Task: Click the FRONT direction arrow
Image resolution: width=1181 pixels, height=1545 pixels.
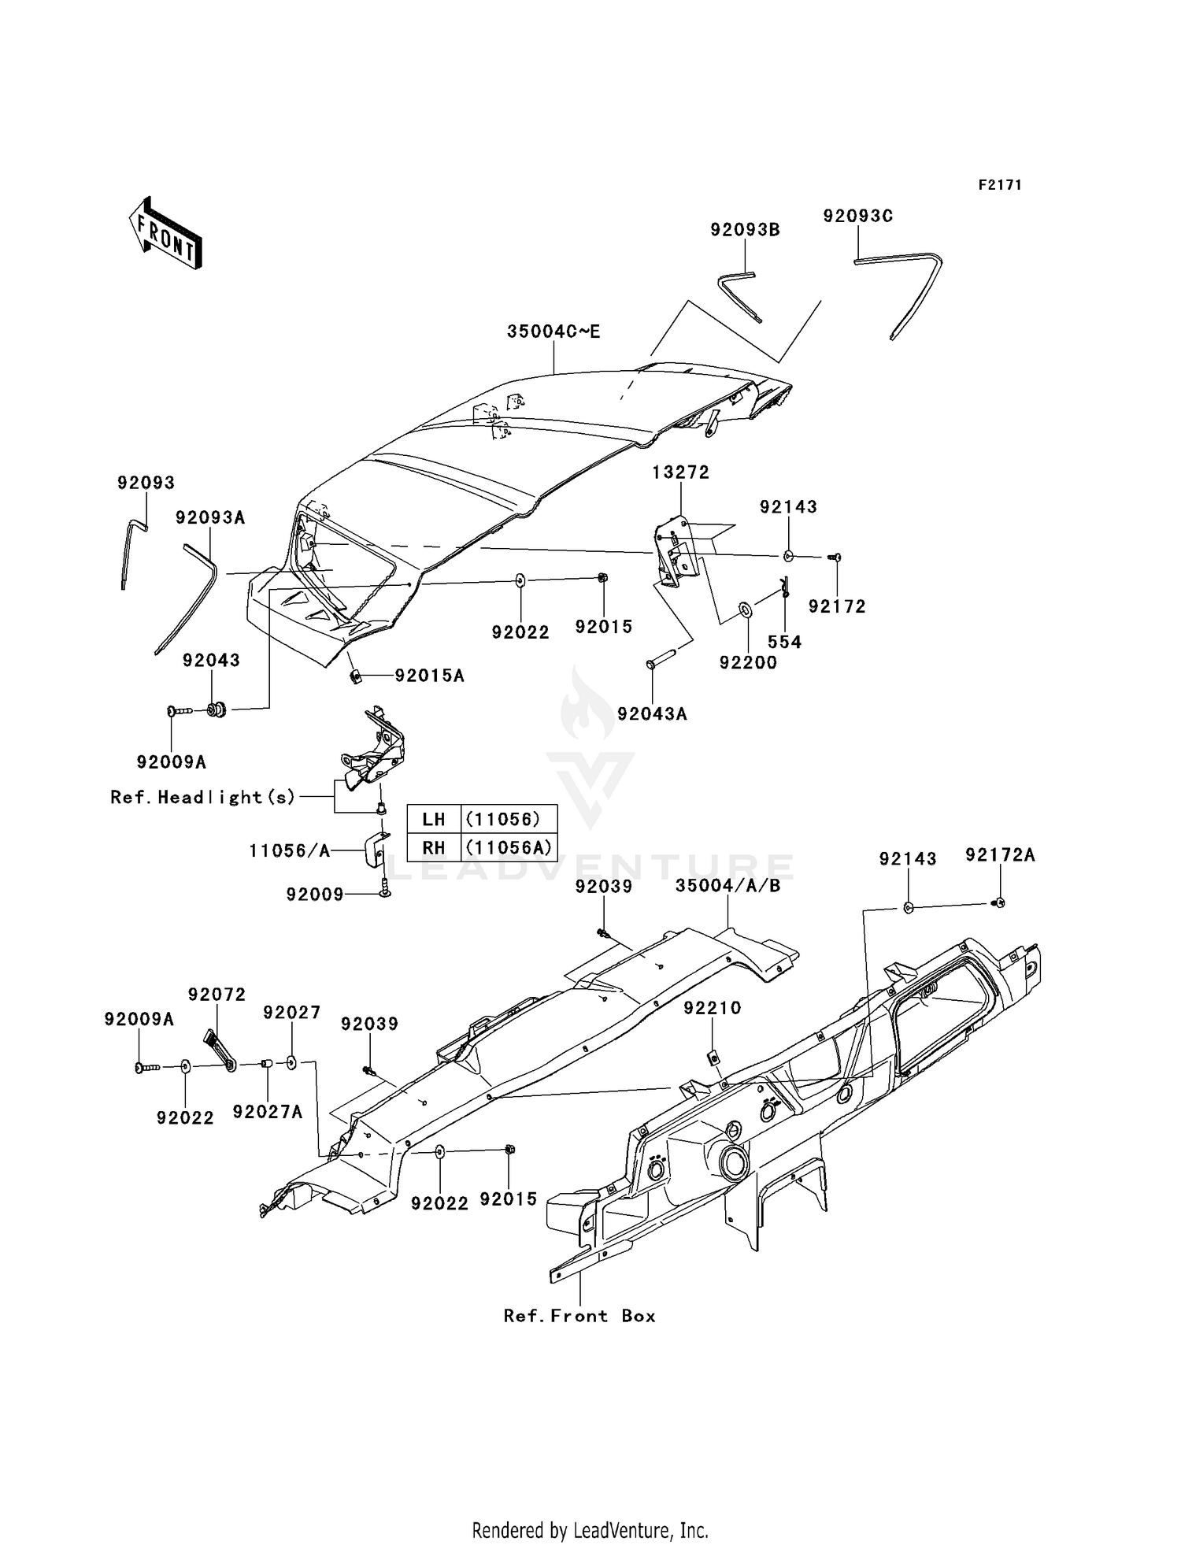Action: pos(166,234)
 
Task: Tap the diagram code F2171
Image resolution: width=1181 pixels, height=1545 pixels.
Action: pos(999,185)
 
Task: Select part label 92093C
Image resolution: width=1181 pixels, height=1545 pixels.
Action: pos(857,216)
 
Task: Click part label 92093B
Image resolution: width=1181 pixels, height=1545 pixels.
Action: pos(745,230)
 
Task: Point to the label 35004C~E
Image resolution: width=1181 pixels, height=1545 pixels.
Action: pos(553,332)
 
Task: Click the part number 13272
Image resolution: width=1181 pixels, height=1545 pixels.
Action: pos(680,472)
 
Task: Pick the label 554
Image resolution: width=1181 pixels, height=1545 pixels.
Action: pos(784,642)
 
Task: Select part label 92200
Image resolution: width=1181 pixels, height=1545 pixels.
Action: pos(748,663)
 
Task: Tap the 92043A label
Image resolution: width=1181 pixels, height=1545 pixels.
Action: pos(652,713)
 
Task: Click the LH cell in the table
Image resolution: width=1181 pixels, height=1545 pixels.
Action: pos(433,819)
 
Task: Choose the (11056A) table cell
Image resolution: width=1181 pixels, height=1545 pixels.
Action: pos(508,848)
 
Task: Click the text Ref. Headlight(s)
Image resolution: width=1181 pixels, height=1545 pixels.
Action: pos(203,797)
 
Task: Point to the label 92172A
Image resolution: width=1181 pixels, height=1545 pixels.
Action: pos(1000,855)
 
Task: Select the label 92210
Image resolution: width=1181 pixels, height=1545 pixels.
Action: pos(712,1008)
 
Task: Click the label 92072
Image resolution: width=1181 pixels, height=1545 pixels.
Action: pos(217,995)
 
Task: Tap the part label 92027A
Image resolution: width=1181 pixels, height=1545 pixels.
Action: pos(268,1112)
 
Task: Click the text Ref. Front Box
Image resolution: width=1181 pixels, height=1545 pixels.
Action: pos(579,1316)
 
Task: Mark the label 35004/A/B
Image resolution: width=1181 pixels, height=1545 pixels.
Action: pos(727,886)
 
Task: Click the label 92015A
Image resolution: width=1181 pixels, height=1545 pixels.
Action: pos(429,676)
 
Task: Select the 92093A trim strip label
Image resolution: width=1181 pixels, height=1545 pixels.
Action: pos(210,517)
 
